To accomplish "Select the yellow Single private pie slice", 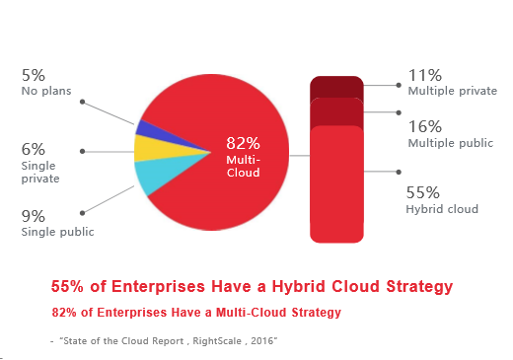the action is click(161, 149).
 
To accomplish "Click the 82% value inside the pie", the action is click(243, 143).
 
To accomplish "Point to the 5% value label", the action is click(34, 75).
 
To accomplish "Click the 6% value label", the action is click(34, 149).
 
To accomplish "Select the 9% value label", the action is click(34, 216).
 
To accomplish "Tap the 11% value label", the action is click(425, 75).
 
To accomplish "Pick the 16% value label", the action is click(425, 126).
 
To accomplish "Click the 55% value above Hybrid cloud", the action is click(423, 192).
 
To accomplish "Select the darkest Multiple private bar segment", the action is click(336, 87).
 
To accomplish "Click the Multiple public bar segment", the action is click(336, 111).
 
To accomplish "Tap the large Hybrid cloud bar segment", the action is click(336, 184).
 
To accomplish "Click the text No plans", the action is click(46, 91).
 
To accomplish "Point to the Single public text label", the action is click(58, 232).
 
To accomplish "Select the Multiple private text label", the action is click(453, 91).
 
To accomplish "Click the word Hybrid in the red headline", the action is click(299, 286).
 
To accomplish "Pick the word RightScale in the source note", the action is click(217, 341).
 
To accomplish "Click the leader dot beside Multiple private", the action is click(399, 85).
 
